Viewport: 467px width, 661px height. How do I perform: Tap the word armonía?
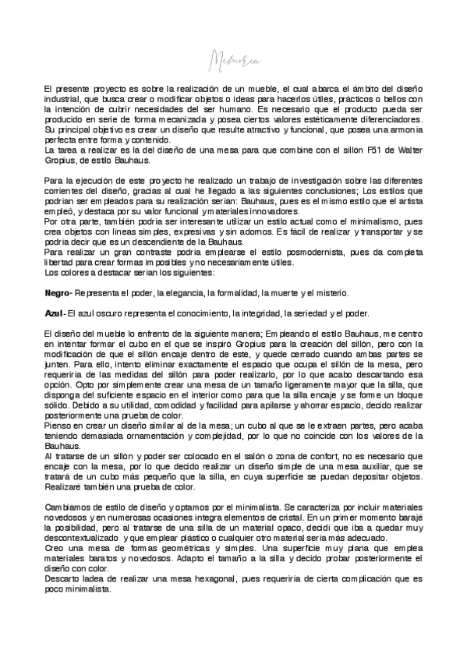[x=404, y=131]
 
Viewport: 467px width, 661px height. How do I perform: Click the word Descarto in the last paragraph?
[x=62, y=580]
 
